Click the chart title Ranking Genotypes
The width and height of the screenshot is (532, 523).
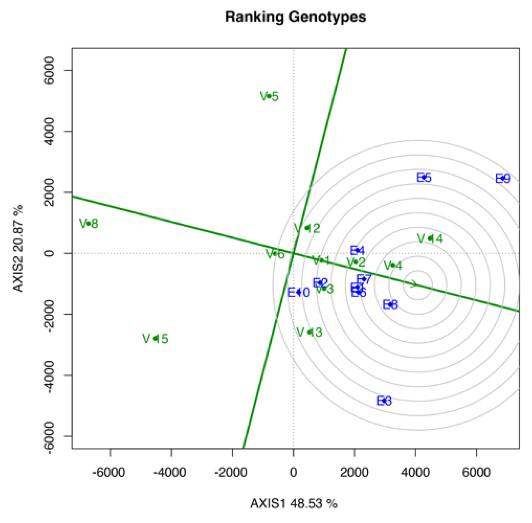click(295, 17)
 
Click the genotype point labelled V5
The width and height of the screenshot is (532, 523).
click(269, 96)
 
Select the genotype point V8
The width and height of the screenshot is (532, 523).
click(89, 223)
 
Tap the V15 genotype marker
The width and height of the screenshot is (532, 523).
click(155, 338)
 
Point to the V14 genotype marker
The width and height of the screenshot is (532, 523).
click(430, 238)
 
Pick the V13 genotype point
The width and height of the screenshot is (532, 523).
click(310, 332)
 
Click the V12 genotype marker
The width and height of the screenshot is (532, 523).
click(307, 228)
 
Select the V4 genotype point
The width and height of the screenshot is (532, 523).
click(393, 265)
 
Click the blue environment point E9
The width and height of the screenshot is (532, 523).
click(502, 178)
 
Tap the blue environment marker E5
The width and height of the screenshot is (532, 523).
click(424, 177)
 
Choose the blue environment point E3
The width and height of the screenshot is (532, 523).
click(384, 401)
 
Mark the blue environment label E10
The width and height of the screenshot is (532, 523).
click(299, 292)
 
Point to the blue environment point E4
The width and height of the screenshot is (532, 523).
click(357, 251)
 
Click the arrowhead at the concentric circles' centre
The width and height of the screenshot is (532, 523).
click(414, 284)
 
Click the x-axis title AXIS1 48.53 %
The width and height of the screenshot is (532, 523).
click(294, 503)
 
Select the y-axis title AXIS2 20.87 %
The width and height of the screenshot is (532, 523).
click(18, 248)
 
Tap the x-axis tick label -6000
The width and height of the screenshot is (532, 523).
click(109, 472)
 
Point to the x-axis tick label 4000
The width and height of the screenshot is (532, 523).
click(415, 472)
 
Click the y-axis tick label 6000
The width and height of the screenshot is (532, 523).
click(49, 70)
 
